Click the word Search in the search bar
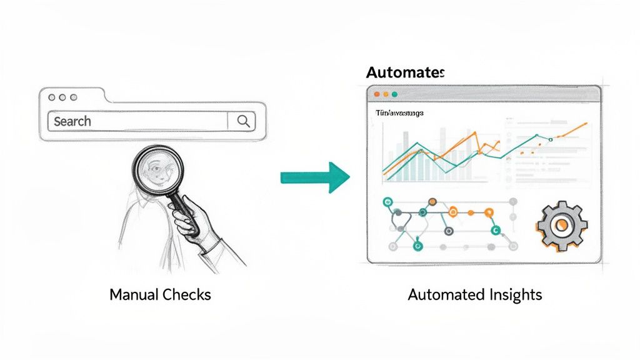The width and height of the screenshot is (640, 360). (x=72, y=121)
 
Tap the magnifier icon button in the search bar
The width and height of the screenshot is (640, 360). (x=242, y=121)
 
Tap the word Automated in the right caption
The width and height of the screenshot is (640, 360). (x=441, y=294)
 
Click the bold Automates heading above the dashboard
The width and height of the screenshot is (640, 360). (x=405, y=72)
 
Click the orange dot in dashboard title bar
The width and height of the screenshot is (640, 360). (x=376, y=94)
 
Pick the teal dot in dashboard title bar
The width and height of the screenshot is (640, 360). (x=395, y=94)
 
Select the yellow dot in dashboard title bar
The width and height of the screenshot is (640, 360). (x=386, y=94)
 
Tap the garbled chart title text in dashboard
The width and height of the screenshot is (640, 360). (x=399, y=113)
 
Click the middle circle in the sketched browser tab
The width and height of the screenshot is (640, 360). (x=63, y=98)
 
